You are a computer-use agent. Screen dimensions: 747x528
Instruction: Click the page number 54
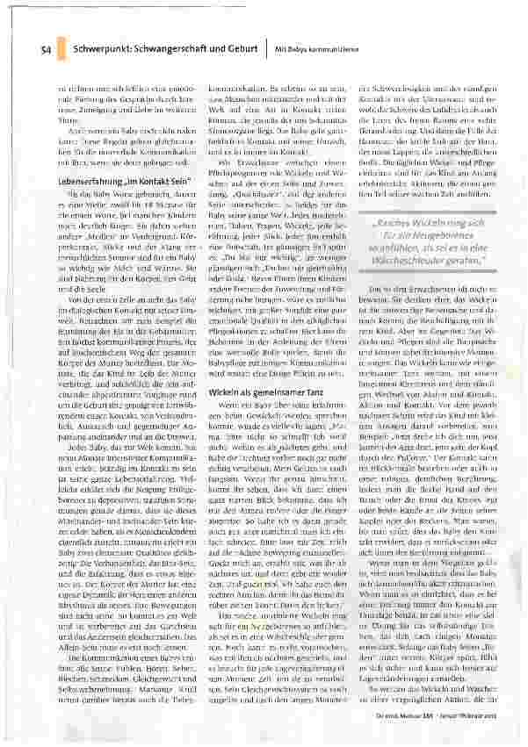coord(44,49)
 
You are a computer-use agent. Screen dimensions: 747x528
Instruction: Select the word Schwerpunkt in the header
coord(103,49)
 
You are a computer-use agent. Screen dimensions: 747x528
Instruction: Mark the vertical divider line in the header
coord(266,49)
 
